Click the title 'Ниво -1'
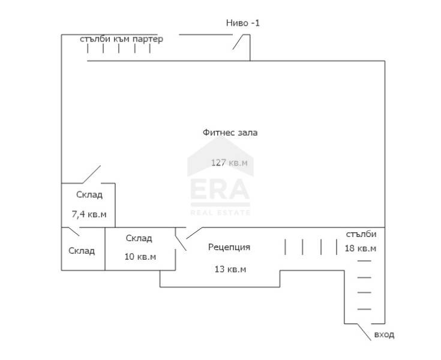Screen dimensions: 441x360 tap(243, 23)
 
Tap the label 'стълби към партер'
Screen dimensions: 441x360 tap(121, 39)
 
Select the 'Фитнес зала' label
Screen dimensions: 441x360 tap(230, 133)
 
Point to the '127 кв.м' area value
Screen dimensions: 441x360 tap(229, 163)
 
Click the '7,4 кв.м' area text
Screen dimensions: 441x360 tap(89, 214)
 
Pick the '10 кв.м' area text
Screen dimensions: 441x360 tap(140, 257)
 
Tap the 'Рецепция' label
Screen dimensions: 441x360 tap(229, 247)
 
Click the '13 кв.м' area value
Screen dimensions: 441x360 tap(230, 269)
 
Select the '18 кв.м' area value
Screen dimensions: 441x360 tap(361, 248)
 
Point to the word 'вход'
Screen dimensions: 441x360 tap(384, 335)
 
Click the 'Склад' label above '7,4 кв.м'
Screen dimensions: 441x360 tap(89, 194)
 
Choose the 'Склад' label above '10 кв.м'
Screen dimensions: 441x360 tap(139, 238)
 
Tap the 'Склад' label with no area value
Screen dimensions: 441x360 tap(82, 251)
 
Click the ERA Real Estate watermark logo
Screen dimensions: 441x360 tap(220, 176)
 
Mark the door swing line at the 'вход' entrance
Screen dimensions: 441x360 tap(364, 332)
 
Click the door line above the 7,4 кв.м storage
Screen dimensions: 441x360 tap(91, 175)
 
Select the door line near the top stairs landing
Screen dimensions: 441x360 tap(238, 42)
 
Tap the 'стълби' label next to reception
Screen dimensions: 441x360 tap(361, 234)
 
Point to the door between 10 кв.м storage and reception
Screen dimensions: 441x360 tap(181, 239)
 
